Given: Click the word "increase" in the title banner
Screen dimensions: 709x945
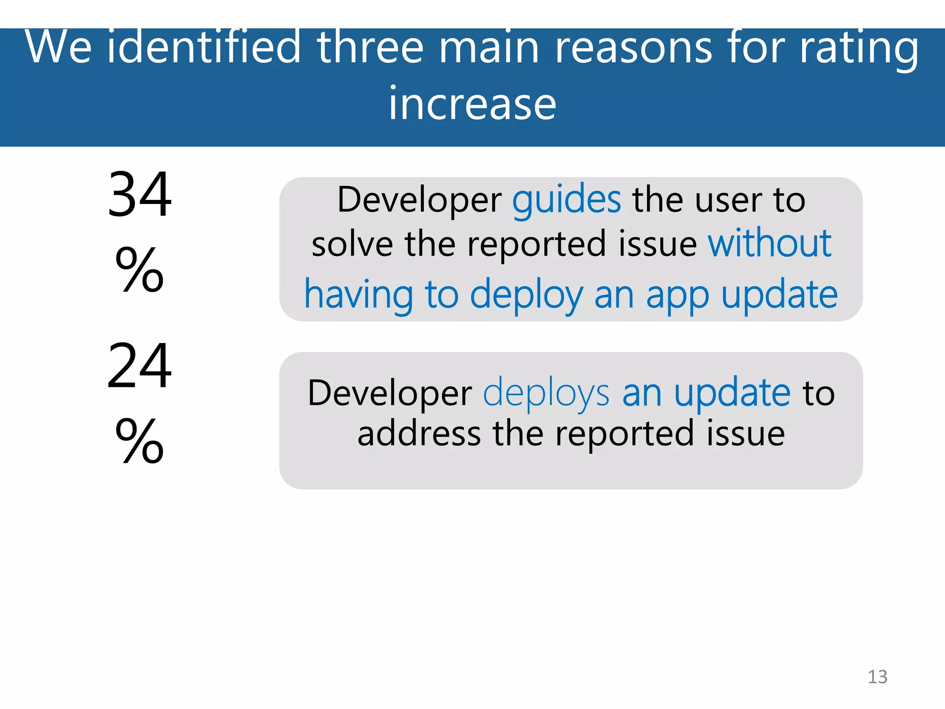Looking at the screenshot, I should coord(472,104).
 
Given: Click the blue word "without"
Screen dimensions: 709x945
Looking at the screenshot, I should coord(770,244).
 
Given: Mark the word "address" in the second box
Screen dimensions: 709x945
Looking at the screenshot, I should coord(419,434).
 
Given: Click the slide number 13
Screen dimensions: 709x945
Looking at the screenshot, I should coord(877,677).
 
